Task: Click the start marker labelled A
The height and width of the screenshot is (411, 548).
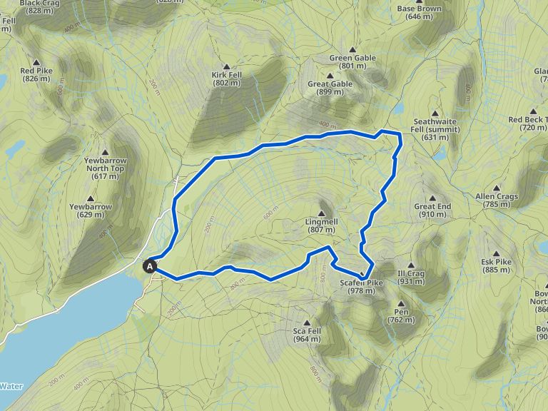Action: pos(151,267)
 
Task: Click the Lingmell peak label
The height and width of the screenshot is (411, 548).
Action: pos(321,225)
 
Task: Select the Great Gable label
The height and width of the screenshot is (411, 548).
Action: pos(330,88)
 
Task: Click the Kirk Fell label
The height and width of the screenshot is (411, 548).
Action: pos(226,78)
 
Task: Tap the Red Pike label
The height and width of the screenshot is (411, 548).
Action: pos(36,74)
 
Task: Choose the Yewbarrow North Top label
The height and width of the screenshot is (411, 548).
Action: pos(104,172)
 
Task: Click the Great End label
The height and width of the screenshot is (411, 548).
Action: pos(432,210)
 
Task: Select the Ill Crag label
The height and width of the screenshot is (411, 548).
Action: pos(411,277)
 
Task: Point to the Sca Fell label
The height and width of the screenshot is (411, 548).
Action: pos(308,335)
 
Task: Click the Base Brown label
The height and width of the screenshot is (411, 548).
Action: pos(420,12)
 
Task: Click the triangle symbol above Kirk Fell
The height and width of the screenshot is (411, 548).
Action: pos(226,66)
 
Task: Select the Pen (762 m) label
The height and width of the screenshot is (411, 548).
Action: pos(400,316)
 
